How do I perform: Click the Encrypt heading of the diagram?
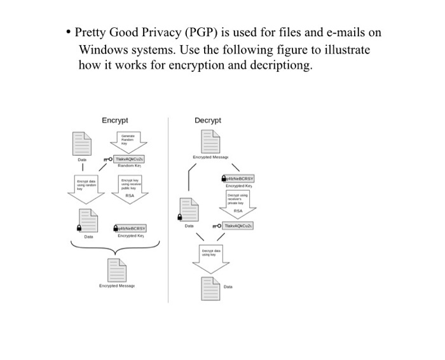click(x=115, y=120)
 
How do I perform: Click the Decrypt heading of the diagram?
click(x=208, y=120)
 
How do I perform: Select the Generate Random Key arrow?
click(x=128, y=138)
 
